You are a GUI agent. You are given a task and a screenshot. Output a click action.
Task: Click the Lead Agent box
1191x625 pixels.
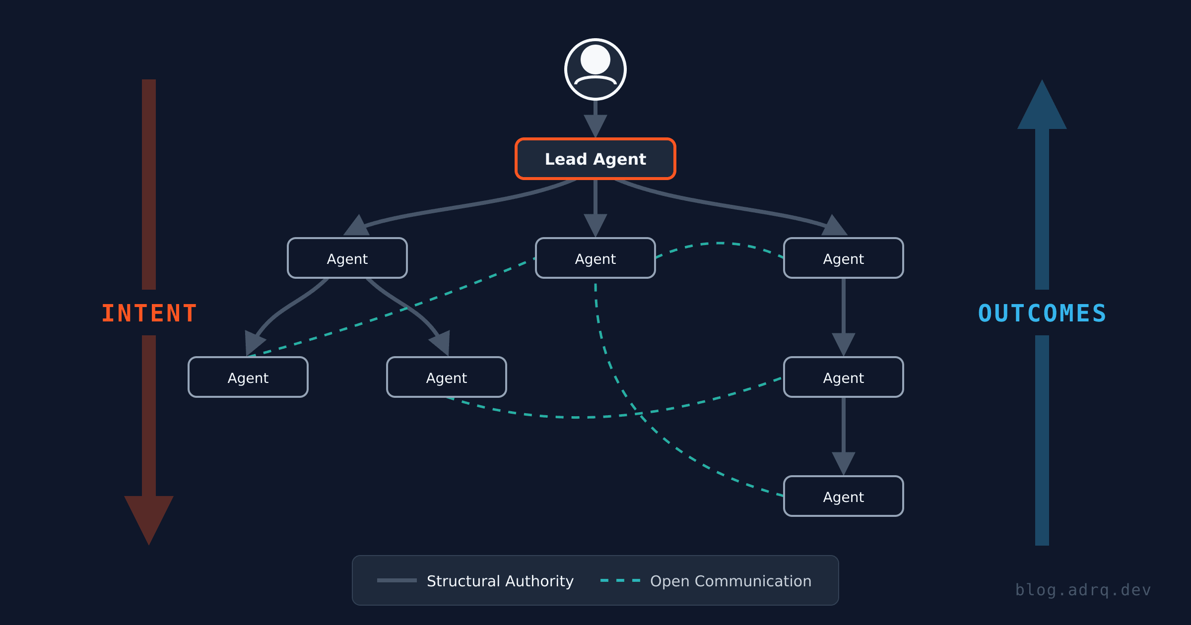tap(595, 159)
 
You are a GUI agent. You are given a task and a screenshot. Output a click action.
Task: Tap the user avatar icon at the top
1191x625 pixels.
tap(595, 69)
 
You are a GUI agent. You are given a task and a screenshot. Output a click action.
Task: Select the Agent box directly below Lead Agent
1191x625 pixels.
tap(595, 258)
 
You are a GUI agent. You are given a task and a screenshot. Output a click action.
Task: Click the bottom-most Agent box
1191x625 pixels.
tap(844, 497)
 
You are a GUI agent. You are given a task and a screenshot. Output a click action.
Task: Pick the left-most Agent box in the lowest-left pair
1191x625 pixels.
tap(248, 377)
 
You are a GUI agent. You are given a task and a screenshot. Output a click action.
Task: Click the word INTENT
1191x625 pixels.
tap(149, 313)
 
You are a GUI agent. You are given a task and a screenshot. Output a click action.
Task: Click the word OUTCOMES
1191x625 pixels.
tap(1042, 313)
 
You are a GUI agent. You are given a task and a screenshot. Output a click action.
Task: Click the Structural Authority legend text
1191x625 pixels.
tap(500, 581)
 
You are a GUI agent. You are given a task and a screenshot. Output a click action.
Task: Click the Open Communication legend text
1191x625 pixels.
tap(730, 581)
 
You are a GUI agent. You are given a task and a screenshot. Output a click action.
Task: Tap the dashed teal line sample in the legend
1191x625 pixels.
tap(620, 580)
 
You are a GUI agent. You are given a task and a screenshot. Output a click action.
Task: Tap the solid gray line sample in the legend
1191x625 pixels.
tap(397, 580)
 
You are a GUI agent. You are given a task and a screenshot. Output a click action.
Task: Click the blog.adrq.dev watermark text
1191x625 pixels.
tap(1083, 590)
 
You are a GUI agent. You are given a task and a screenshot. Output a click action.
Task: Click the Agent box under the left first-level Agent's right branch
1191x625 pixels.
tap(447, 377)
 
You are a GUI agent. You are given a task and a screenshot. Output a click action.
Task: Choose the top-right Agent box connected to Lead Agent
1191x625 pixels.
tap(844, 258)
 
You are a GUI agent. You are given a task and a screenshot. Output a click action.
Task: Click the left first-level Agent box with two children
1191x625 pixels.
tap(347, 258)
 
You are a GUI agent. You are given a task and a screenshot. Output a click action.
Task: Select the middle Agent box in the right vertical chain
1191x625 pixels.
tap(844, 377)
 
